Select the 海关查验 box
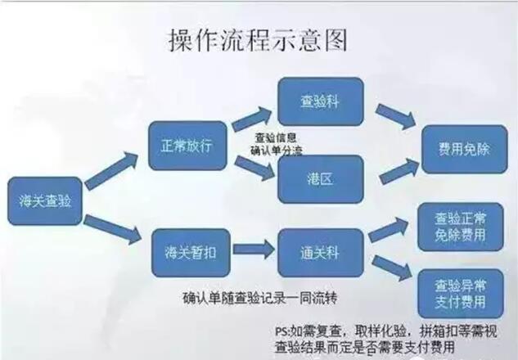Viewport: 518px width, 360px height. (46, 201)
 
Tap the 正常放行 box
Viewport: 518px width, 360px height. (187, 146)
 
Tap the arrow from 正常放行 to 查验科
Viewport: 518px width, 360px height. (254, 117)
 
